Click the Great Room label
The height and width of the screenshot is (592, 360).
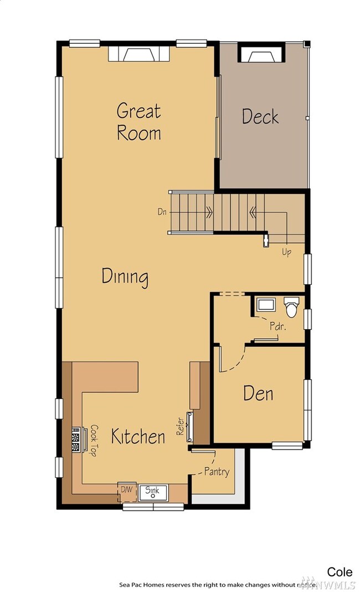139,122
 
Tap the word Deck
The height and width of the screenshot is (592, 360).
260,116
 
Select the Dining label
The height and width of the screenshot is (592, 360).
125,277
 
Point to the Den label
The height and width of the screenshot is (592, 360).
258,394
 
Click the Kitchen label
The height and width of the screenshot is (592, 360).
138,436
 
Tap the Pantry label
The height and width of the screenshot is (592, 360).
217,472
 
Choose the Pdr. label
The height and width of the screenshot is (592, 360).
277,326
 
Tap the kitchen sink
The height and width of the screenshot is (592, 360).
153,492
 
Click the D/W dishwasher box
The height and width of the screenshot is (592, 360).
127,492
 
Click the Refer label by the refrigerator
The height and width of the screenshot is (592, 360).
181,426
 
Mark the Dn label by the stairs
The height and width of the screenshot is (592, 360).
162,212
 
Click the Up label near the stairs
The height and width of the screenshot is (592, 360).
287,252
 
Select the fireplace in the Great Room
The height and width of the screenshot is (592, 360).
139,54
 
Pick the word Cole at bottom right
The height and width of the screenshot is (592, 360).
340,572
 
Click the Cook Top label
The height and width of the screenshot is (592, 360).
93,440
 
